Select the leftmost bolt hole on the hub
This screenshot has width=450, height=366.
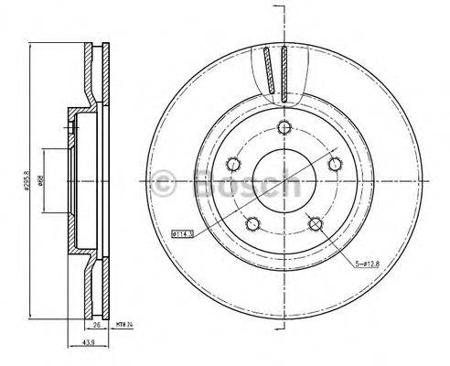(x=233, y=164)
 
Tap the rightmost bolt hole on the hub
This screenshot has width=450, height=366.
(x=333, y=164)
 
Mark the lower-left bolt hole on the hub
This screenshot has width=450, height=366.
(x=252, y=222)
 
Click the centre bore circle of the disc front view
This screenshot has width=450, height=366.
(x=283, y=179)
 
